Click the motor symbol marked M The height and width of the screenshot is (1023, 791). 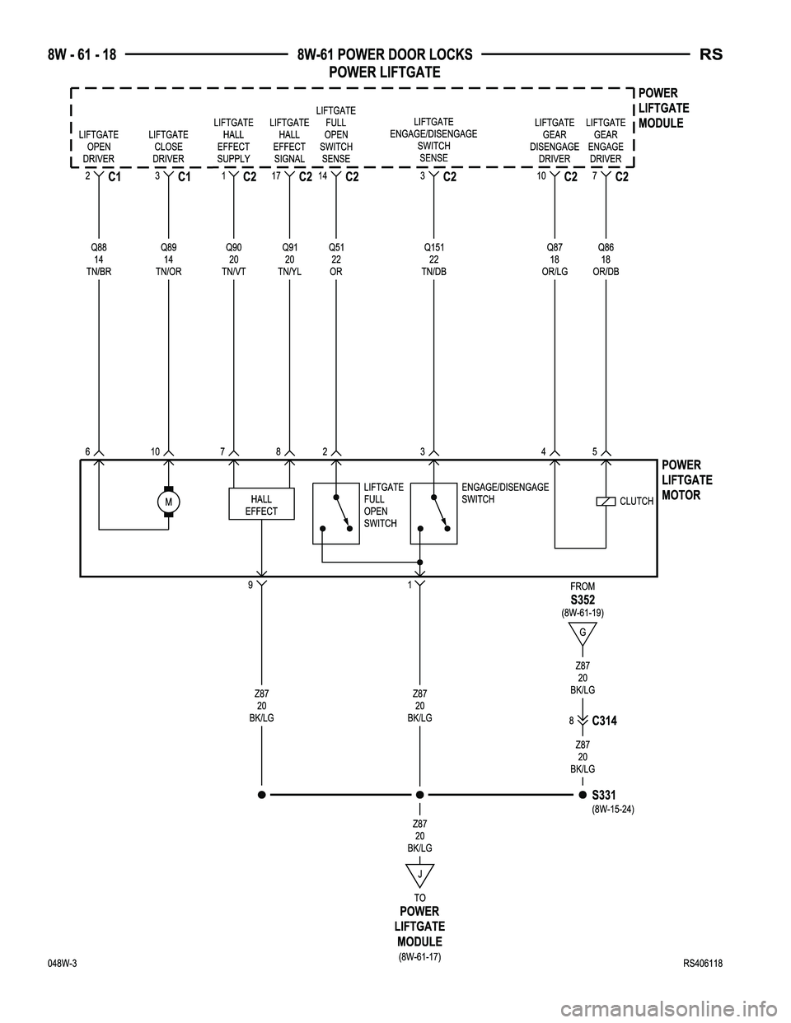(x=168, y=502)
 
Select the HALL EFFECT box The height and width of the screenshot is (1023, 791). (x=261, y=505)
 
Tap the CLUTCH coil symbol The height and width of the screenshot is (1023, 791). (x=606, y=502)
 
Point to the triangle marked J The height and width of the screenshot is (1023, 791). (x=419, y=875)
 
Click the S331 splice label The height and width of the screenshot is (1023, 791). (x=605, y=795)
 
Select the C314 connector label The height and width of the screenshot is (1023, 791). (x=604, y=721)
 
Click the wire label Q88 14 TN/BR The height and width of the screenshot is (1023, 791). (x=99, y=259)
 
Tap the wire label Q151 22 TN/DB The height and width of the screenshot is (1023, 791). (x=433, y=259)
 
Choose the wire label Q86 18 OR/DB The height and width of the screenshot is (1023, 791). (x=606, y=259)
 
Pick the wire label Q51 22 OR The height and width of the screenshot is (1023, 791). (x=336, y=259)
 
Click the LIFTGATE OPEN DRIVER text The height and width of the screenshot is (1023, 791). (x=99, y=147)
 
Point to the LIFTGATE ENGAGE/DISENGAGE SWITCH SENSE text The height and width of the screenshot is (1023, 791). (x=433, y=139)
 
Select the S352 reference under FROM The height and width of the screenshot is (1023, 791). (x=582, y=600)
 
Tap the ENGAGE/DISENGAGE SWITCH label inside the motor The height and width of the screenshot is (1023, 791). (x=505, y=493)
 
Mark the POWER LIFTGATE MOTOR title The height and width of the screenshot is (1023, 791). (x=686, y=480)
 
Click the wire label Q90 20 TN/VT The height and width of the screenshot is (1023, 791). (x=235, y=259)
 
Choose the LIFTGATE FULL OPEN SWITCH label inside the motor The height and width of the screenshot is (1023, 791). (x=383, y=505)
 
